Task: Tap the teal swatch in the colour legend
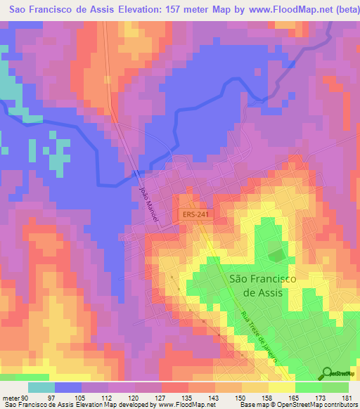tap(41, 387)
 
